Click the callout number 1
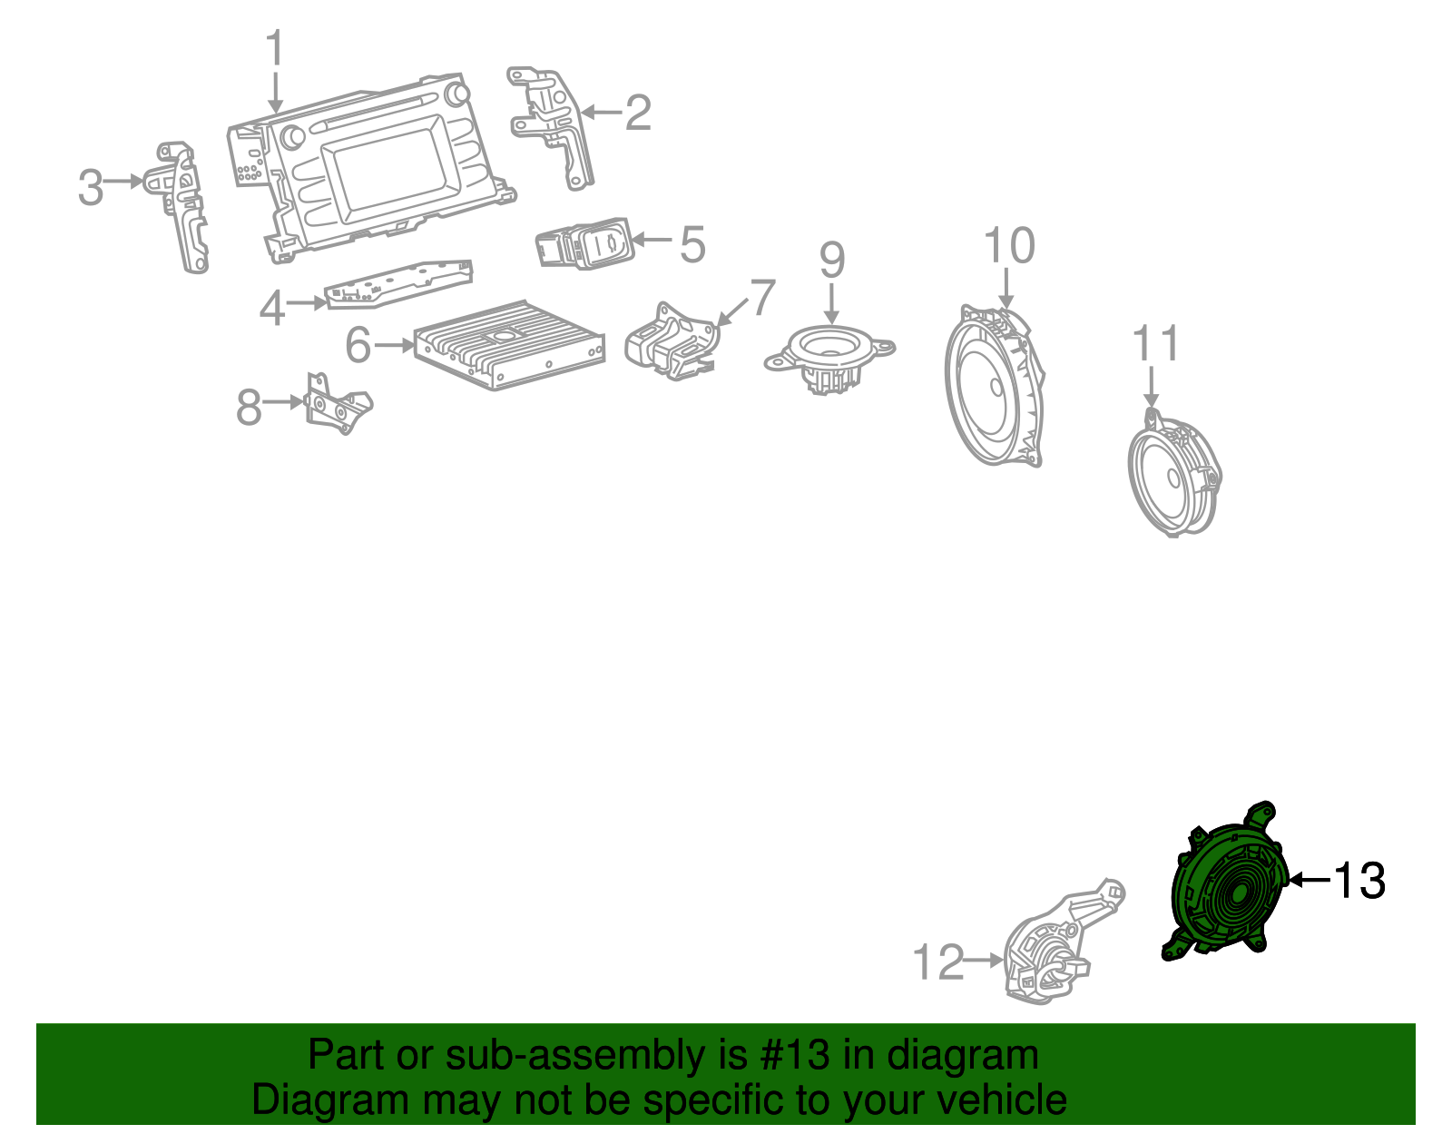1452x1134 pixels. click(275, 49)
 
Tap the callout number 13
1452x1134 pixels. click(1359, 881)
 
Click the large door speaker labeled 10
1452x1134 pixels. click(994, 386)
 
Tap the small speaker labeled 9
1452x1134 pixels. click(830, 354)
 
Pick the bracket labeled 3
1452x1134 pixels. click(186, 204)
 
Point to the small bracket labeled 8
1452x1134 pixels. click(338, 405)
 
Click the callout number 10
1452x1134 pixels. click(1008, 246)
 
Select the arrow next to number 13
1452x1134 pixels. click(1309, 880)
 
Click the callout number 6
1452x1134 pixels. click(358, 345)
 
